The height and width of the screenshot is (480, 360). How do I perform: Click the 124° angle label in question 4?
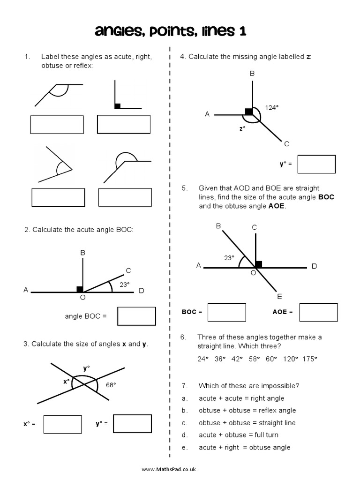coord(271,107)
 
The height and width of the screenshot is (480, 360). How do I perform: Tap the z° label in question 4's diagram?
coord(242,127)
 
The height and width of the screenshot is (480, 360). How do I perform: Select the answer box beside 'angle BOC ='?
coord(136,316)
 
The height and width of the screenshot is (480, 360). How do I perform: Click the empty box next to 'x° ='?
coord(62,424)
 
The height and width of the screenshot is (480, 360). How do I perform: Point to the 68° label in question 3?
coord(111,384)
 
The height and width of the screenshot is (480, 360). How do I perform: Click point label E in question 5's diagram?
coord(279,296)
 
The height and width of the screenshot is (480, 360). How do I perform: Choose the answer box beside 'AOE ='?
coord(318,312)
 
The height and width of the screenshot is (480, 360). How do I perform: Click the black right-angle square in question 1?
coord(117,106)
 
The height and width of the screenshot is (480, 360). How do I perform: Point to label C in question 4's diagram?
coord(286,143)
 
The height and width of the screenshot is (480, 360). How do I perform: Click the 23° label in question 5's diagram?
coord(229,257)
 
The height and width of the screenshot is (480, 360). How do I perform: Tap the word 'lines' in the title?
coord(210,31)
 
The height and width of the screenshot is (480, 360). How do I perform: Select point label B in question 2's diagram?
coord(83,253)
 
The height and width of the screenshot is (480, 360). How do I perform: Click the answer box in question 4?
coord(316,164)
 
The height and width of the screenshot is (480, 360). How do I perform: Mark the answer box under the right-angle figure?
coord(124,124)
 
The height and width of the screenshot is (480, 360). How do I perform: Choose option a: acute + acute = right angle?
coord(241,398)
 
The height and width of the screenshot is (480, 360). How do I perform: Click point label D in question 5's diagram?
coord(314,266)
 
